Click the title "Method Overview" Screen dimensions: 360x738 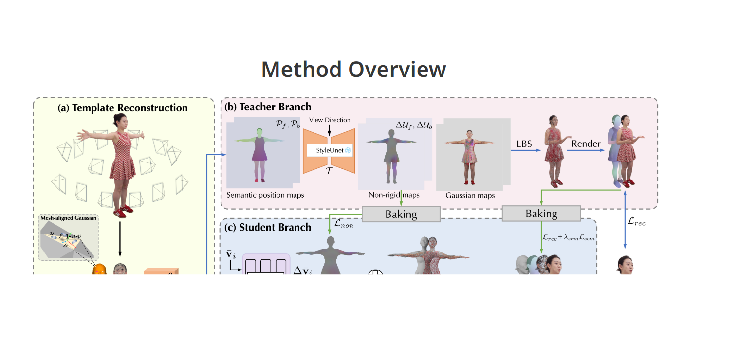tap(353, 70)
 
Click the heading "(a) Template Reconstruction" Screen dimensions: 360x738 tap(123, 108)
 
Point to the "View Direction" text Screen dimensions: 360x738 tap(330, 120)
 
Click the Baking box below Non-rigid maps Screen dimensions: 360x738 tap(401, 214)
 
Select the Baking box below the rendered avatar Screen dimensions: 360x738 tap(541, 214)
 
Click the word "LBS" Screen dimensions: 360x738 tap(524, 144)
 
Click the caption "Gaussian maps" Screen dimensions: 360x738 tap(470, 195)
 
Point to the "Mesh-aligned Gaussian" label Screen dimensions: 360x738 tap(68, 218)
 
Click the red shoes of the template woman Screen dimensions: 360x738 tap(120, 212)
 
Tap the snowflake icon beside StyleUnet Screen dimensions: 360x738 tap(348, 151)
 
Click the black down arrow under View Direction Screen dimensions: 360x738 tap(330, 130)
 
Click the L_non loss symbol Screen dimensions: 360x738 tap(343, 225)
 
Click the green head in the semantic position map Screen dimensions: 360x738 tap(259, 131)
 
